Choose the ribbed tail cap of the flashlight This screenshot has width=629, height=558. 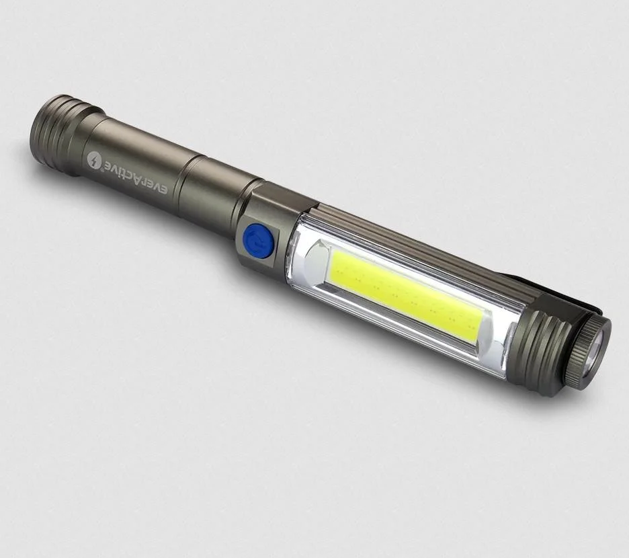(60, 128)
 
